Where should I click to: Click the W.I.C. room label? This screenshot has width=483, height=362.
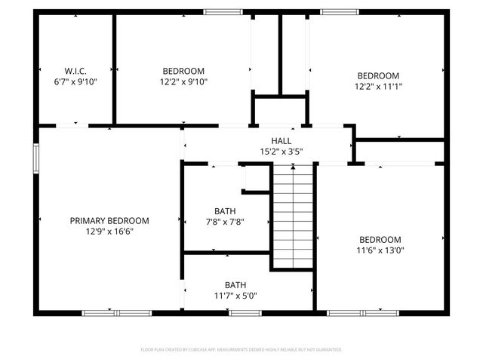[x=75, y=70]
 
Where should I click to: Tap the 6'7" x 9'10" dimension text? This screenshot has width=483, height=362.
[x=75, y=81]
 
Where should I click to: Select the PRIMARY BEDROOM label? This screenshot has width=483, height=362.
[x=109, y=221]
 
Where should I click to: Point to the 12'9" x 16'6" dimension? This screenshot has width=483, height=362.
[x=109, y=232]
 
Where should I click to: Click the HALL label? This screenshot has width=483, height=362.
[x=281, y=141]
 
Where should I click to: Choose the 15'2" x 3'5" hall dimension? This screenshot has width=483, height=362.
[x=281, y=152]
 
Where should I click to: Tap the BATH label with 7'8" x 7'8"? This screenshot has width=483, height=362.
[x=225, y=211]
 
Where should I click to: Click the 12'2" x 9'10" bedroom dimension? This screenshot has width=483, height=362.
[x=183, y=81]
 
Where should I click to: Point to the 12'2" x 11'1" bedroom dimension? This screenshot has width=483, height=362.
[x=378, y=86]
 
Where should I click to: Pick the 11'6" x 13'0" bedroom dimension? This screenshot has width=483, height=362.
[x=380, y=250]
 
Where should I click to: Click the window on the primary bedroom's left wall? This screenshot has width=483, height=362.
[x=35, y=158]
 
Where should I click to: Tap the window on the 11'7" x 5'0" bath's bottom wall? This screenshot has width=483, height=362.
[x=245, y=312]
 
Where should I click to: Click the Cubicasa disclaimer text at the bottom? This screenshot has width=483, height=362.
[x=241, y=350]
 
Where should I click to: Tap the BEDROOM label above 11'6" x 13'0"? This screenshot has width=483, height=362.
[x=380, y=239]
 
